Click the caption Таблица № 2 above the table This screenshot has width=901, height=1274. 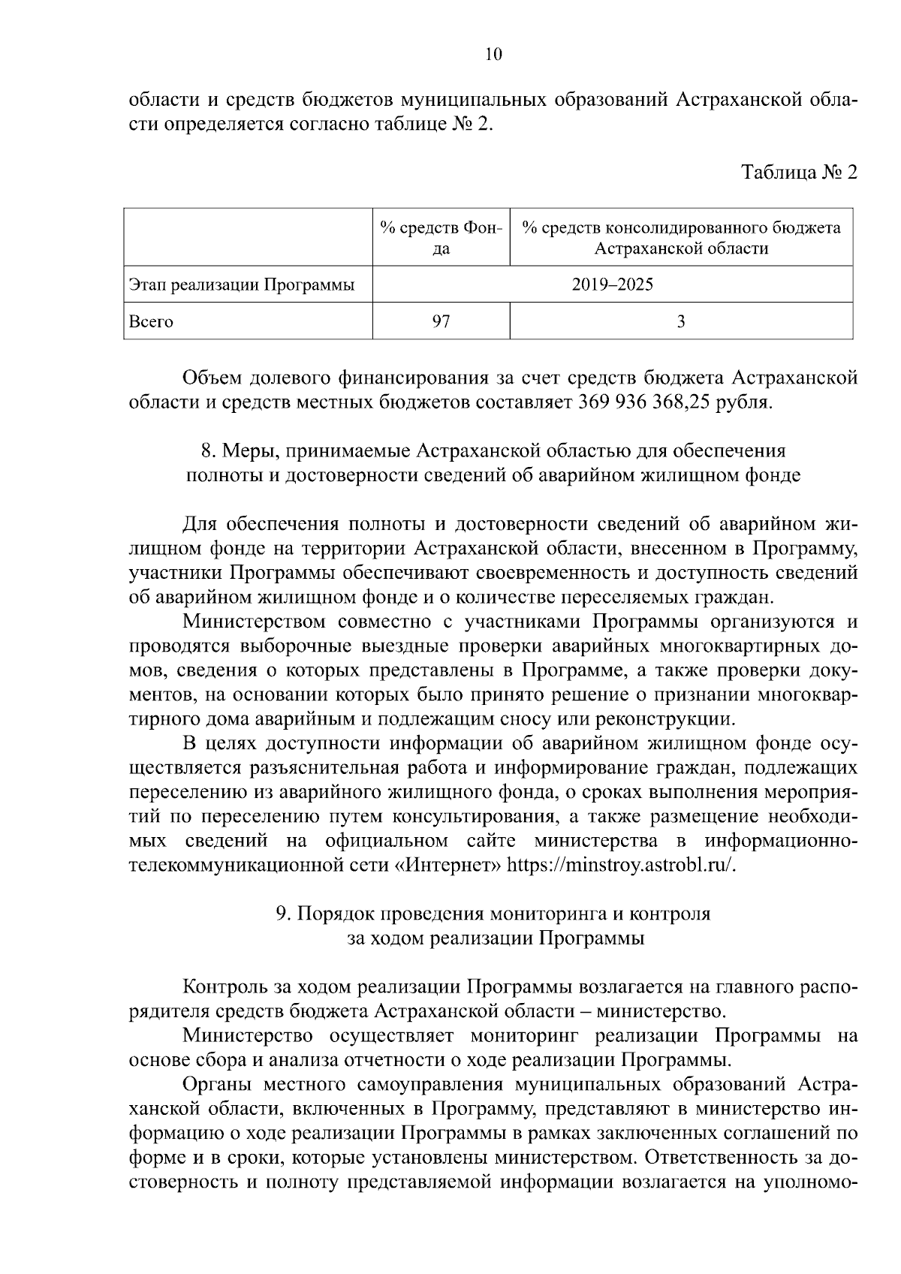click(x=799, y=173)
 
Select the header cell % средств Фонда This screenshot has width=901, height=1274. click(x=441, y=237)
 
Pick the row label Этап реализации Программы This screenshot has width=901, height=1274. click(x=241, y=285)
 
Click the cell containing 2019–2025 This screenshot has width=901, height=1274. click(x=612, y=285)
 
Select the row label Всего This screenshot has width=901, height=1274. click(x=151, y=322)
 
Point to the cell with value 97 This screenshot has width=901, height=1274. click(x=441, y=322)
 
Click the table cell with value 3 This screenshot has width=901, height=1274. click(x=680, y=322)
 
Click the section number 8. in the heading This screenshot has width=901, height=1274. click(x=209, y=451)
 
